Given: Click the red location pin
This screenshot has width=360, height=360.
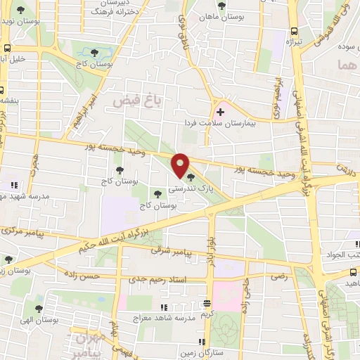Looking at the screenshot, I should pos(181,165).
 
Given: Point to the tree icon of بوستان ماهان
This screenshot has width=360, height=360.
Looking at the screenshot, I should pos(222,6).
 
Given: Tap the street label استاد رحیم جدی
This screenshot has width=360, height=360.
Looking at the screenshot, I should pos(157,280).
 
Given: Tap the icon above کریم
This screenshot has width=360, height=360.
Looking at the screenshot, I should pos(207,304).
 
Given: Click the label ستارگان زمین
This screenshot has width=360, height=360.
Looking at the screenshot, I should pos(202,350).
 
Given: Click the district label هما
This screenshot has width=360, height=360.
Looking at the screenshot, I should pos(347,65).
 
